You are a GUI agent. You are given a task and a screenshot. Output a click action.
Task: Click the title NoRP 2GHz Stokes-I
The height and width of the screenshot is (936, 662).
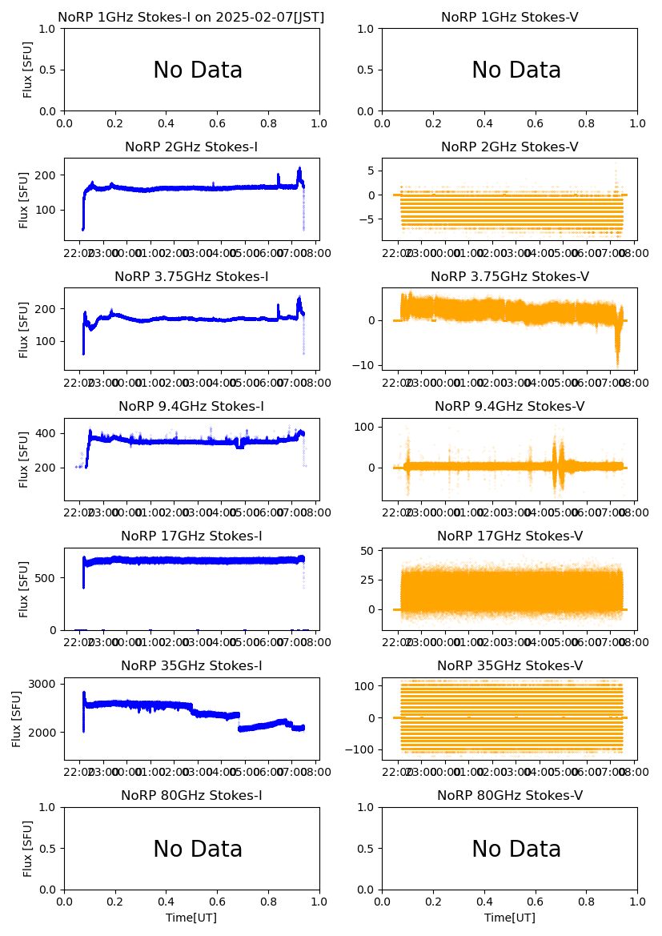[191, 147]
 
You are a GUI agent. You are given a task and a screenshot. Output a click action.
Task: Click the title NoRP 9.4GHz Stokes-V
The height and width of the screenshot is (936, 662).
[510, 407]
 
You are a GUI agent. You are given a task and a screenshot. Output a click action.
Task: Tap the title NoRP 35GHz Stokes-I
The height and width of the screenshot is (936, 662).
[191, 666]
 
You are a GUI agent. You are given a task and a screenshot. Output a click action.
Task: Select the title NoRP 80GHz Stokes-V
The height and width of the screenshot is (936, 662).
[510, 796]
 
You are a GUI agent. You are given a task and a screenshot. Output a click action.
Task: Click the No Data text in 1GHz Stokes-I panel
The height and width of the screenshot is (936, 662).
[198, 70]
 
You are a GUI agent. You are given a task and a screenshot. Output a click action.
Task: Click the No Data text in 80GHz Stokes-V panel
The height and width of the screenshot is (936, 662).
[516, 850]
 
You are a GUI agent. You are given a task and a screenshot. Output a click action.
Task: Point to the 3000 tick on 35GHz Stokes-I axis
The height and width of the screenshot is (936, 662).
[42, 684]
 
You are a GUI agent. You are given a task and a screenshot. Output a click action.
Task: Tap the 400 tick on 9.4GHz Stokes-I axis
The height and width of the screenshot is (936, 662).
[46, 433]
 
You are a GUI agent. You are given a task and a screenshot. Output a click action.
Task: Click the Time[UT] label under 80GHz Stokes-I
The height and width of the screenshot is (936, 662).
[191, 918]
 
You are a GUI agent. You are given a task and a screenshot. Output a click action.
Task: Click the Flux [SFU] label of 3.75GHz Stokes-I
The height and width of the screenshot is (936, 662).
[25, 330]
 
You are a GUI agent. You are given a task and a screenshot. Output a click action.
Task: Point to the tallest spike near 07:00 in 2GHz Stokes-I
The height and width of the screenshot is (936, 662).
[299, 169]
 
